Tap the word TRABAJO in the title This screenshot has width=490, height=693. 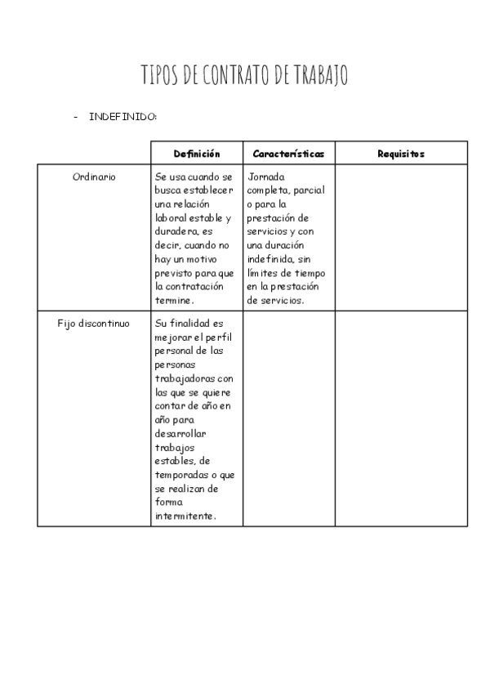coord(320,76)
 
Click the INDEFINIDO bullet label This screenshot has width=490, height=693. coord(123,117)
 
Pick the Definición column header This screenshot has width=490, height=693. coord(197,154)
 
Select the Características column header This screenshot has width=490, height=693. coord(288,154)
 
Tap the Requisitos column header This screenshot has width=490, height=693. coord(401,154)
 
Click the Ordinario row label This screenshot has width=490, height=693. coord(94,177)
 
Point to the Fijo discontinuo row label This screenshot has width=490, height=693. coord(93,323)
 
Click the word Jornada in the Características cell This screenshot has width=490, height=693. coord(266,177)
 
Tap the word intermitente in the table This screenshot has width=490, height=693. coord(185,516)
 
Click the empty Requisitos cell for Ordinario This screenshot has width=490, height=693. coord(401,237)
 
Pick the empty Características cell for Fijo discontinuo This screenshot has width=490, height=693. coord(288,418)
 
